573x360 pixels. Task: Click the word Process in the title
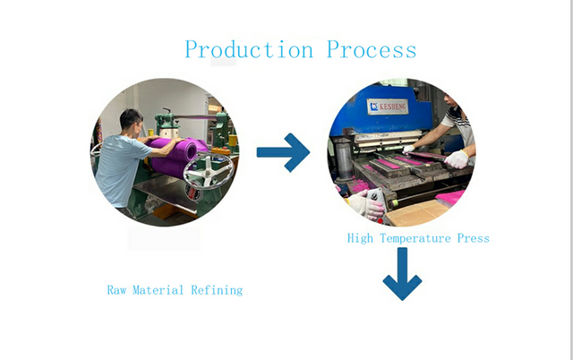coord(372,49)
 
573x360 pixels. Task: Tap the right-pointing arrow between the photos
coord(283,152)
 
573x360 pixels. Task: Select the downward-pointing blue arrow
coord(402,274)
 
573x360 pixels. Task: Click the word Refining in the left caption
coord(217,290)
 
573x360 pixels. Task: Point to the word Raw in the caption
coord(118,290)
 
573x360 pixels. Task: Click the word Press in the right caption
coord(473,238)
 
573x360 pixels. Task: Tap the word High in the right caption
coord(361,238)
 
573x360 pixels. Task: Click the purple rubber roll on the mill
coord(178,151)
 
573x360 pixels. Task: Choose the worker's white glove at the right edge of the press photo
coord(458,159)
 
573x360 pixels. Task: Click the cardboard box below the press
coord(416,213)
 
